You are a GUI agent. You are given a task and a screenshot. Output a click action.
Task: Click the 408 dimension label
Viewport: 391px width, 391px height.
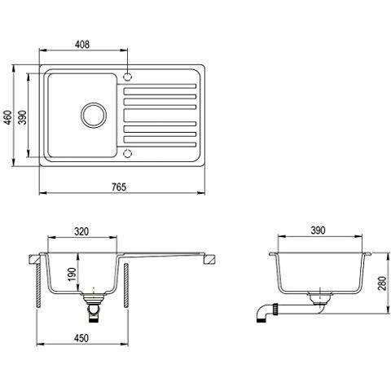point(81,44)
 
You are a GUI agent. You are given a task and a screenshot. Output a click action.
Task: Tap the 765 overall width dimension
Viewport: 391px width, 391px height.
point(119,187)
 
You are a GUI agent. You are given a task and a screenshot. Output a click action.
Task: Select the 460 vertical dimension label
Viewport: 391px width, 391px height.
point(8,117)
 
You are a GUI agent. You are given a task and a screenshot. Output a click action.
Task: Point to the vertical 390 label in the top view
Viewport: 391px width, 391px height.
point(22,117)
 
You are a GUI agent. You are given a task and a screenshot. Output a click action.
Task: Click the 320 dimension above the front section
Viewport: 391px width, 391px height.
point(81,231)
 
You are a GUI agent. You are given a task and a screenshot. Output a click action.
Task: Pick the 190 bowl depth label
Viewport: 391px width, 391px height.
point(72,275)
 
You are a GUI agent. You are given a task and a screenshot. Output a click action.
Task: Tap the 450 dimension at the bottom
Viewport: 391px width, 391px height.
point(81,338)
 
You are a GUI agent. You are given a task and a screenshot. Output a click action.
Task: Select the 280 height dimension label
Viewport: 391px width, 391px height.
point(382,283)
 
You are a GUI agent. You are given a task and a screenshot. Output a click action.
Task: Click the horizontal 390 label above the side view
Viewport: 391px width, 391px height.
point(318,231)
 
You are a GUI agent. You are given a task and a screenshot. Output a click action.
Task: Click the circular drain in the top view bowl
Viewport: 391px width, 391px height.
point(94,115)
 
